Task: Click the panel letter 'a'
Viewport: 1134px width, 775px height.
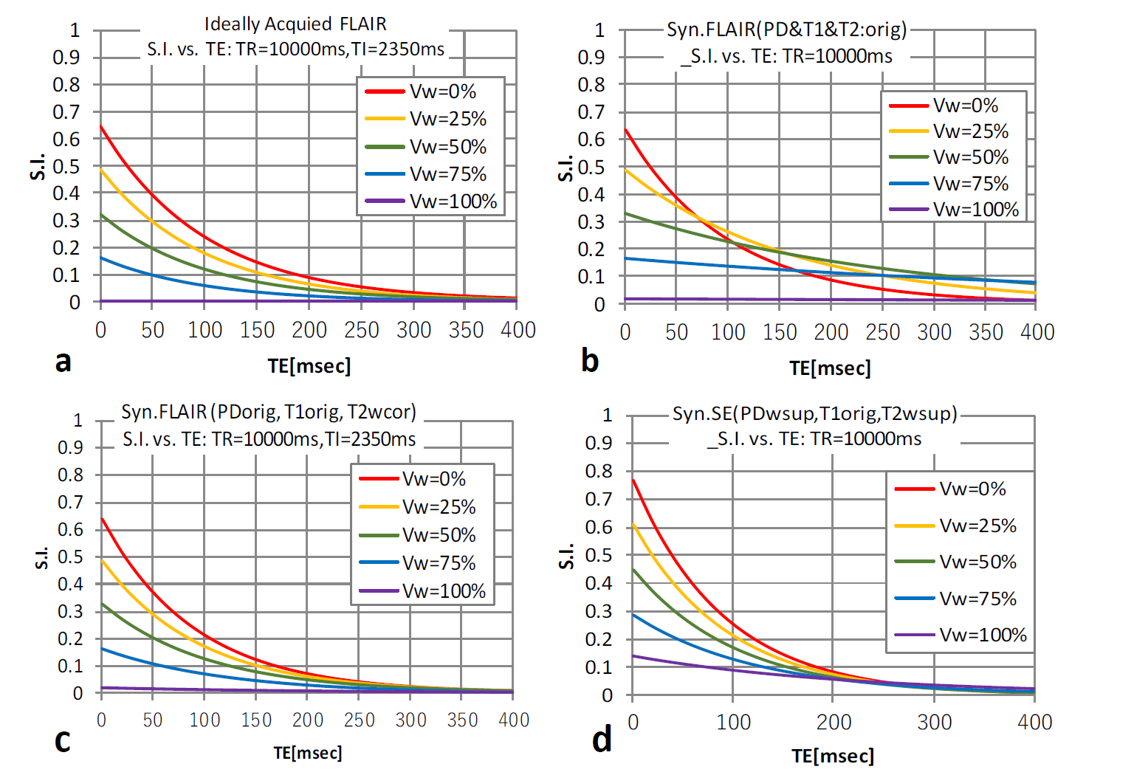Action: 63,362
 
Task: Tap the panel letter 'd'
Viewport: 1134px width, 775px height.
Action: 602,739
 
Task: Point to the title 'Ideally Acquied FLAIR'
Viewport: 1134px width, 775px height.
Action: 295,24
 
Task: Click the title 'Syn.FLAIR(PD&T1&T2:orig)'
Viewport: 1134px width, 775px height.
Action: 786,30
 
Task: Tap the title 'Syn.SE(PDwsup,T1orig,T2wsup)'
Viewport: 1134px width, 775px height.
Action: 814,413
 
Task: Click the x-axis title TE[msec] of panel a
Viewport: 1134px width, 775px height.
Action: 309,365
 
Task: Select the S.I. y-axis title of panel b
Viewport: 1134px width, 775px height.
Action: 566,168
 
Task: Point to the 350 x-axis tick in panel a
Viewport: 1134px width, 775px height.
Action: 466,330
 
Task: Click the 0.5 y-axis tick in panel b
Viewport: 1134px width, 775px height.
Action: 591,168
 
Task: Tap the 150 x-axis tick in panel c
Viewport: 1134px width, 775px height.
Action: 256,720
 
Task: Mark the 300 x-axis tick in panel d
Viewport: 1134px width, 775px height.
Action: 934,722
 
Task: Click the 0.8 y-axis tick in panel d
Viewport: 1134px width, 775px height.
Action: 598,471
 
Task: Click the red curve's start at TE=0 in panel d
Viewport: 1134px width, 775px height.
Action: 633,480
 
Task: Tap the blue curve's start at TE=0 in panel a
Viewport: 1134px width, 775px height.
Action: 101,258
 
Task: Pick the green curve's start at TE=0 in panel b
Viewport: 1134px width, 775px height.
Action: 625,213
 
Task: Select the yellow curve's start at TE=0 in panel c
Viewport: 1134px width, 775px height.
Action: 102,559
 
